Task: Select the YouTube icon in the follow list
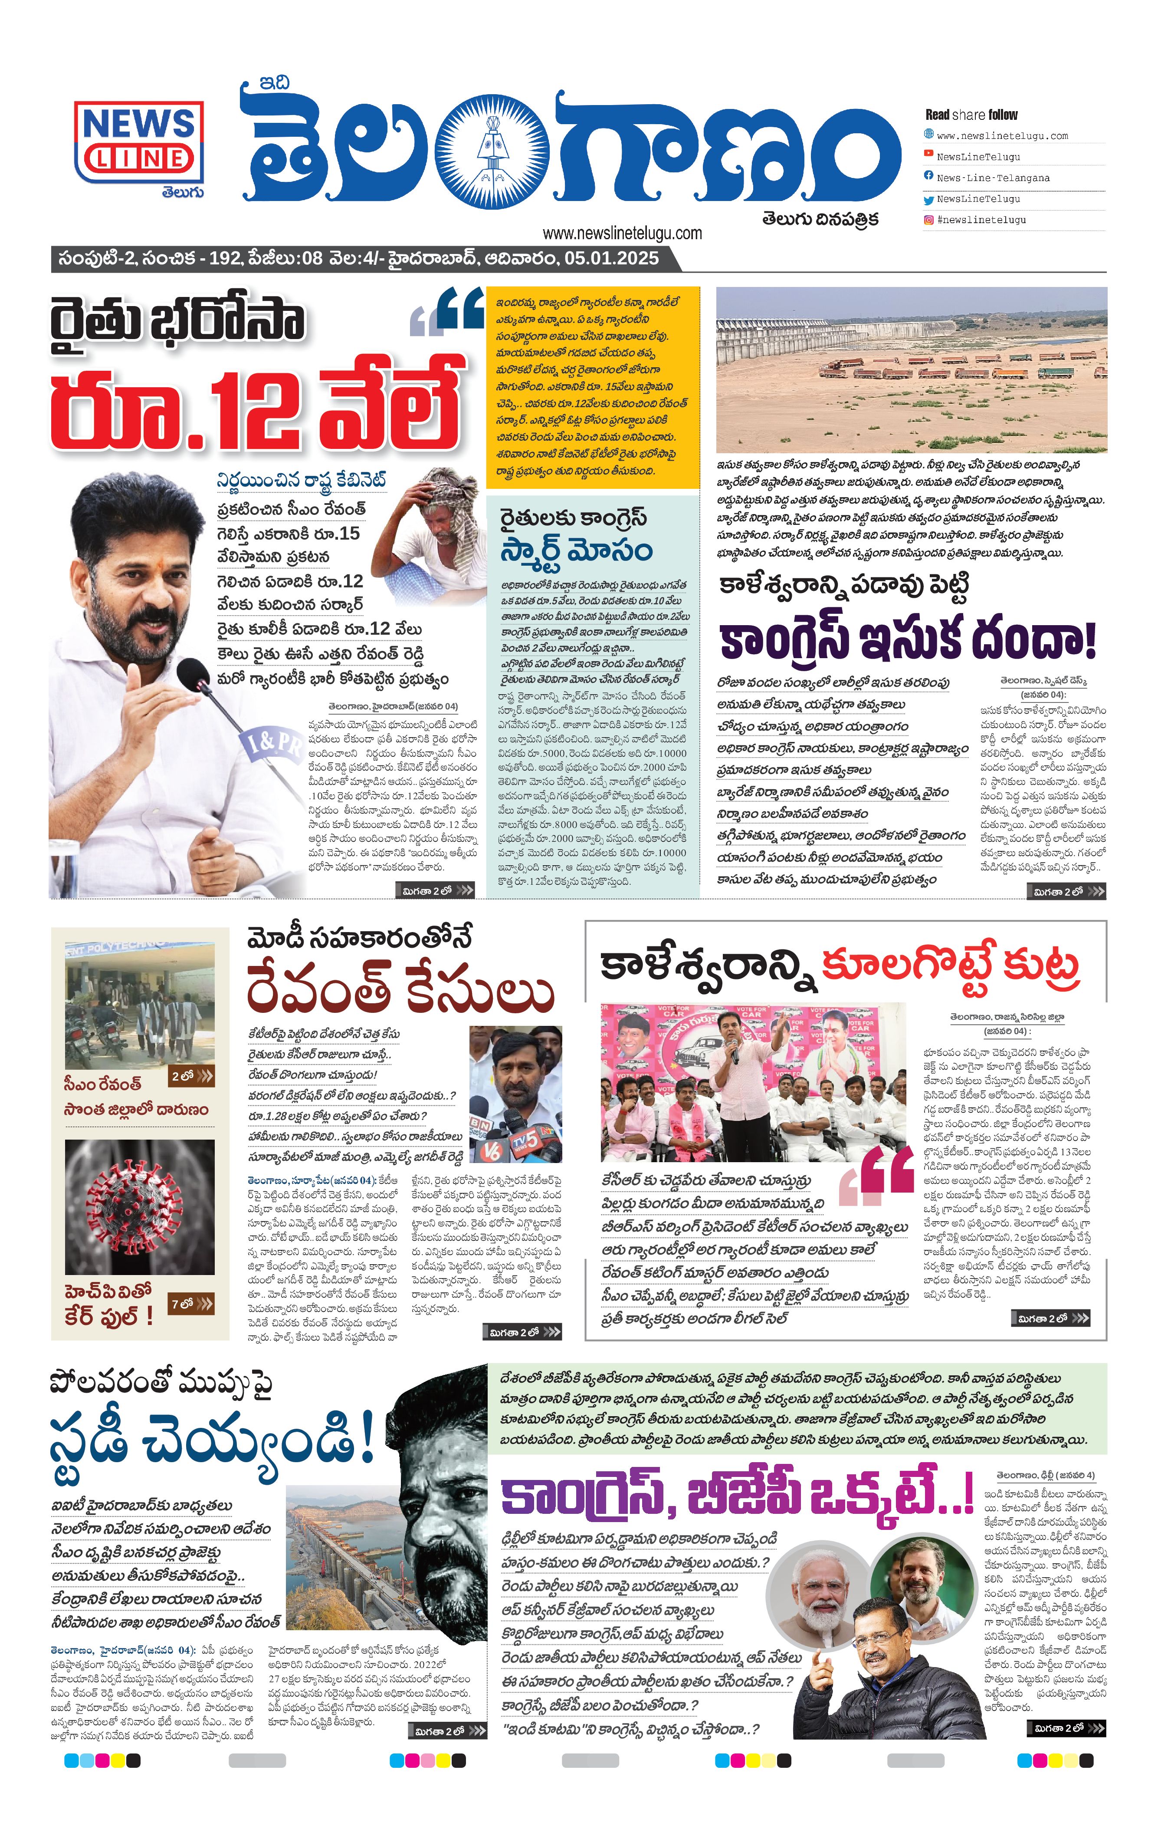click(928, 154)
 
